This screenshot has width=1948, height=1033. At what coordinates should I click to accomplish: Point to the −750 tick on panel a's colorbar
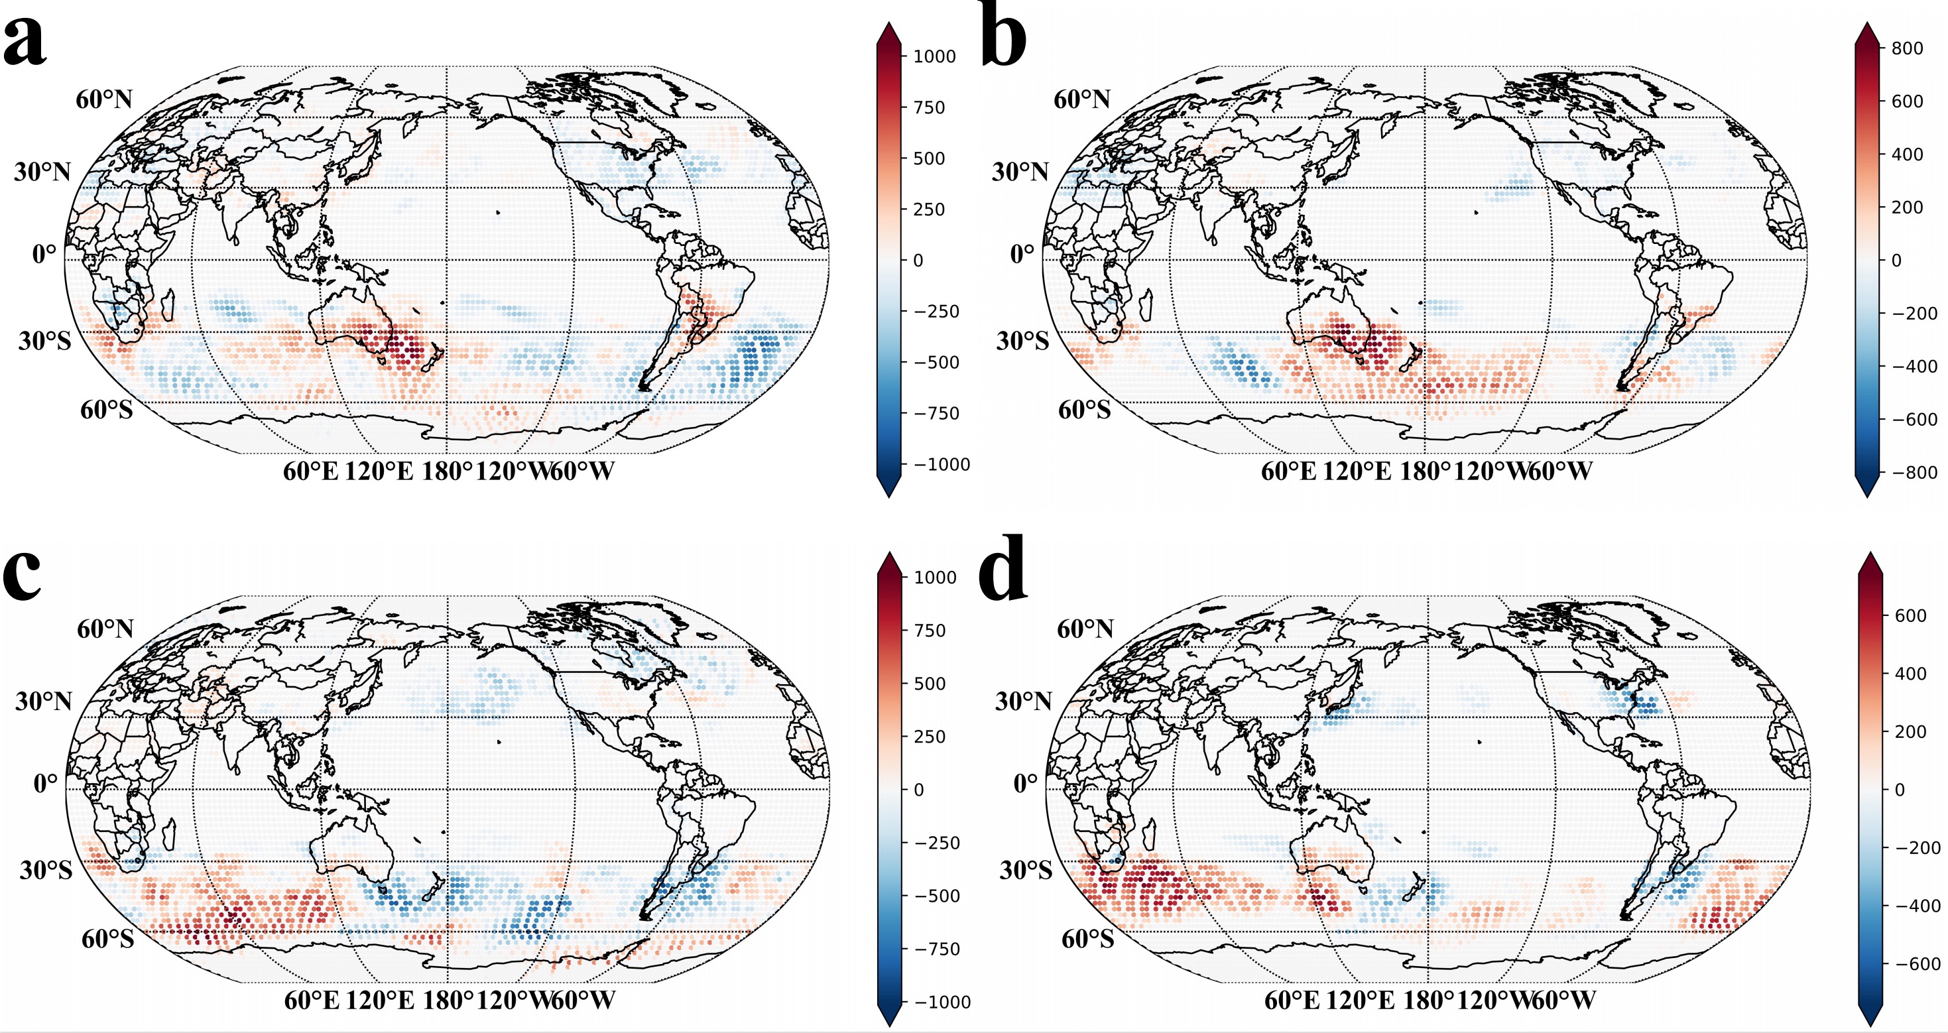[x=936, y=414]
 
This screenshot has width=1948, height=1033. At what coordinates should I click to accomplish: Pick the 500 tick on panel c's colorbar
[x=930, y=684]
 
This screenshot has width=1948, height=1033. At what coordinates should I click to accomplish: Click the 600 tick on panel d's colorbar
[x=1910, y=615]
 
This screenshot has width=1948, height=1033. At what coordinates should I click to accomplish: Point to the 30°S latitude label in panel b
[x=1022, y=341]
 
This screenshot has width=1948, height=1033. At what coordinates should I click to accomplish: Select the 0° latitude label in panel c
[x=45, y=784]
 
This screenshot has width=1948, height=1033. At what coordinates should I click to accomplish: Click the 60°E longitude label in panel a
[x=310, y=471]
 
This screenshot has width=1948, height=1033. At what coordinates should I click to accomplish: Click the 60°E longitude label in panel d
[x=1292, y=1001]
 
